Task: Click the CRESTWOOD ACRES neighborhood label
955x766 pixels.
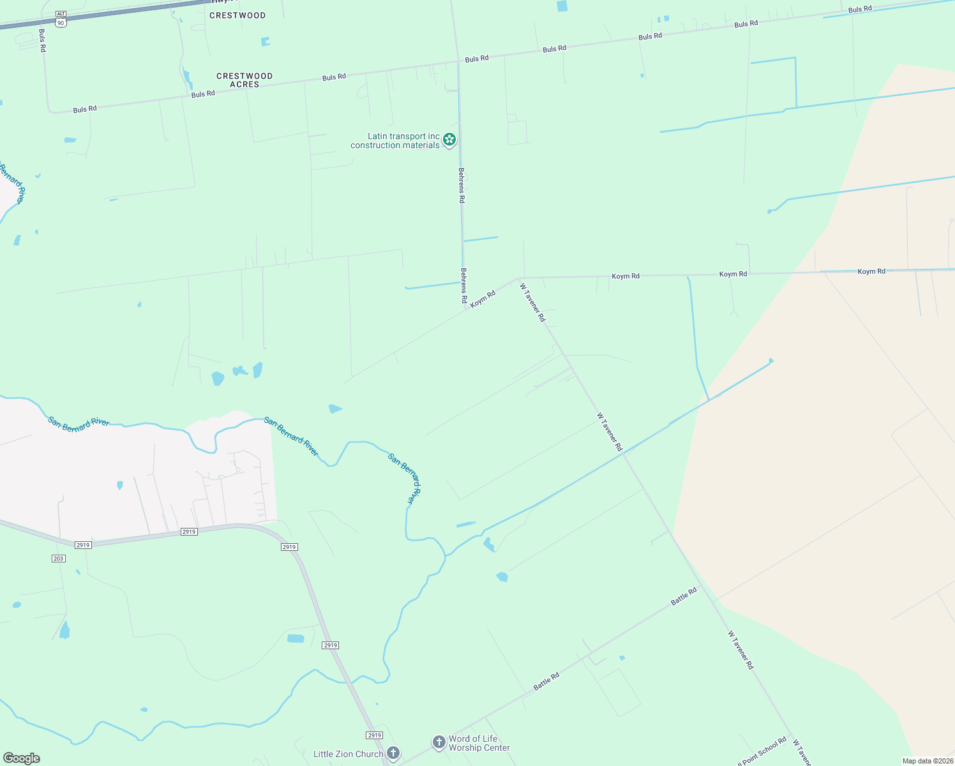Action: click(244, 80)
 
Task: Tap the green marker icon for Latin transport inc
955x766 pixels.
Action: click(449, 139)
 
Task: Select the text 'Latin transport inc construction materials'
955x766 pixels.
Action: click(395, 140)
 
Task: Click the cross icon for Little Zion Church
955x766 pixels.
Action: click(393, 753)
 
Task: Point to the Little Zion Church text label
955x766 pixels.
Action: click(348, 754)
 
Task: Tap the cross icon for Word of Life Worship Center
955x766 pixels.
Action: click(439, 742)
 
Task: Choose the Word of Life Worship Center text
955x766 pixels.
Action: click(479, 743)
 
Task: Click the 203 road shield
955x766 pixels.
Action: click(58, 559)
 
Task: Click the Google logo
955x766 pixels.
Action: click(21, 758)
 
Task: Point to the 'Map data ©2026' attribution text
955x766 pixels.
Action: click(927, 761)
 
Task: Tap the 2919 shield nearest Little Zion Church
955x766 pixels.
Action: click(375, 735)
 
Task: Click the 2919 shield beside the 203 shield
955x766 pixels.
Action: click(83, 544)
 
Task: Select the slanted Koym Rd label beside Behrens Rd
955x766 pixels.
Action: click(483, 299)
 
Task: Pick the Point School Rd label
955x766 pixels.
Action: click(763, 752)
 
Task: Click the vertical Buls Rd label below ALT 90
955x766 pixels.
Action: click(42, 40)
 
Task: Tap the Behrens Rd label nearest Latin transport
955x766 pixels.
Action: click(462, 185)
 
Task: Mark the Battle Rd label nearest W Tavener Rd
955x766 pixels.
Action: click(684, 597)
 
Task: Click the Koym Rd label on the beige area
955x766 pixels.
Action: click(871, 271)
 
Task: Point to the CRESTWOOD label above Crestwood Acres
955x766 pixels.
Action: click(237, 15)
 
